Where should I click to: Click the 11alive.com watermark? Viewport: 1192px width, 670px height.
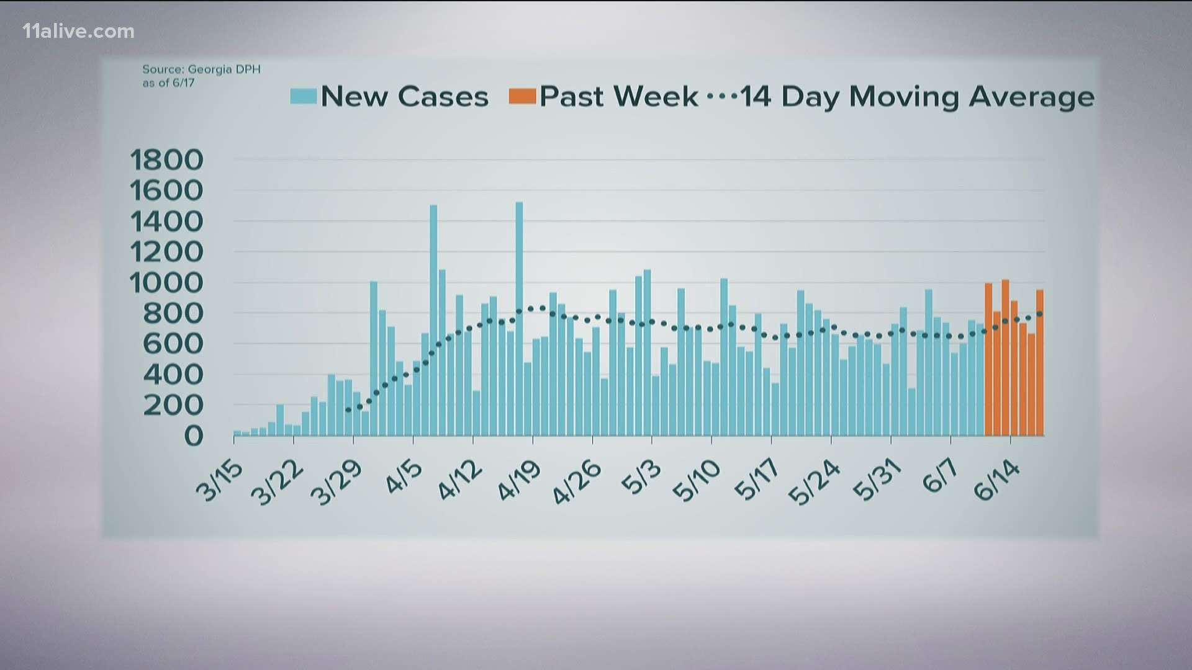tap(78, 32)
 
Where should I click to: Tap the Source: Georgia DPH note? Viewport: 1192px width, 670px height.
tap(201, 76)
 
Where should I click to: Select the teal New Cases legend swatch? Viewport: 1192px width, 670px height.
tap(304, 96)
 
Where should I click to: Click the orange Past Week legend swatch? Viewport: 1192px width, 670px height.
tap(522, 96)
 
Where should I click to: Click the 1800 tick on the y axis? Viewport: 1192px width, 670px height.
tap(166, 160)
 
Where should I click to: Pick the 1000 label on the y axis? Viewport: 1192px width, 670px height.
tap(166, 283)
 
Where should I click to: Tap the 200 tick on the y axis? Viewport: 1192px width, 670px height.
tap(173, 405)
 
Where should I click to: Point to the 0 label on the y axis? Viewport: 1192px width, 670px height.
tap(193, 435)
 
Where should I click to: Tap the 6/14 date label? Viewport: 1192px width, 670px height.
tap(998, 481)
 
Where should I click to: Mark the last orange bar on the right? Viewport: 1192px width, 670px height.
tap(1040, 363)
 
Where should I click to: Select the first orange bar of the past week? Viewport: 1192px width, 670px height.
tap(988, 360)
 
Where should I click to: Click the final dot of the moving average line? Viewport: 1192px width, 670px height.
tap(1040, 314)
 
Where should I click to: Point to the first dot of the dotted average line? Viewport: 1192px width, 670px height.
tap(348, 410)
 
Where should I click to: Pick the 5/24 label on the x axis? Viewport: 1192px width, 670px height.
tap(815, 483)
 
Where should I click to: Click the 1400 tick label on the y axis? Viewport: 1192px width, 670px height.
tap(166, 221)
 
